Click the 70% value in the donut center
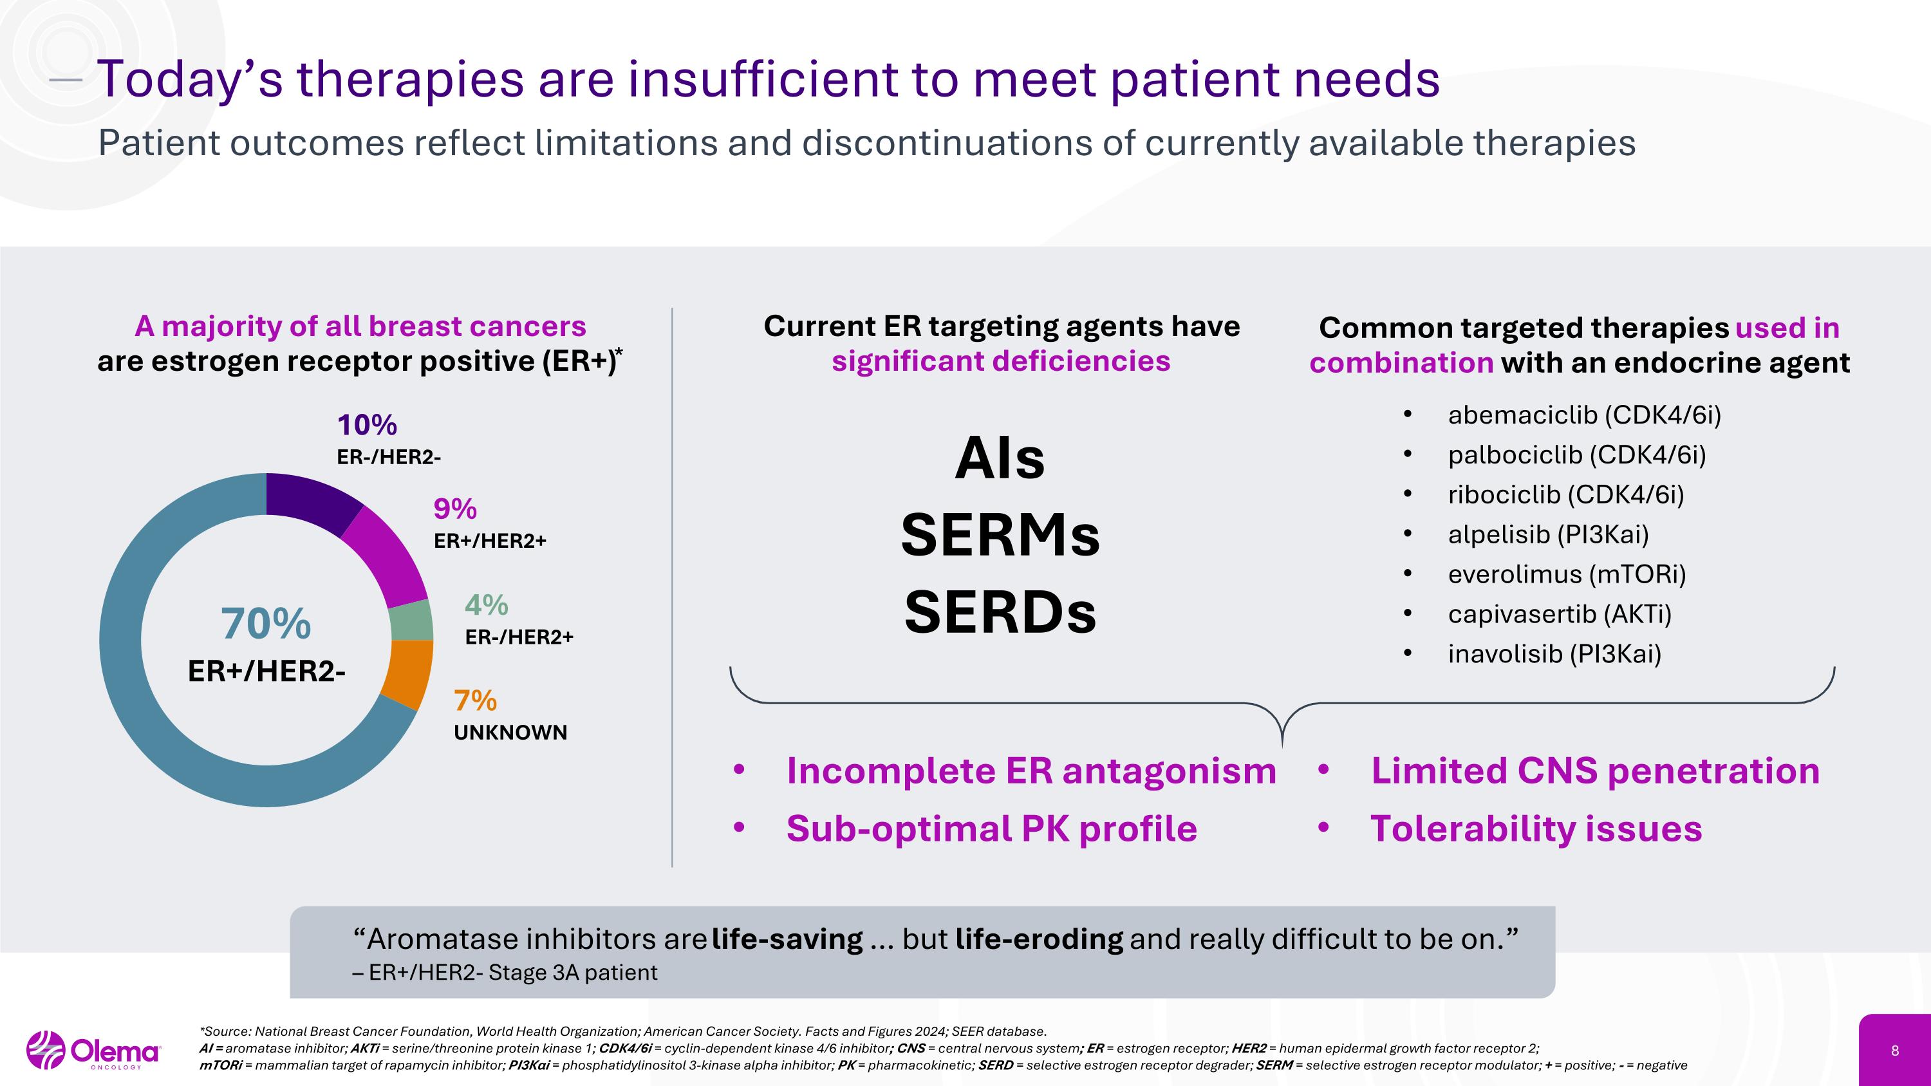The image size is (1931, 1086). (x=266, y=624)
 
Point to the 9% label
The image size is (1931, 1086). (x=455, y=510)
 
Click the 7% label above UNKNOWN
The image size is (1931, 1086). (x=475, y=701)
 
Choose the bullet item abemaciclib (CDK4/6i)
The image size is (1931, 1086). (x=1584, y=415)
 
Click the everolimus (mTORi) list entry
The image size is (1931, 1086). (x=1567, y=574)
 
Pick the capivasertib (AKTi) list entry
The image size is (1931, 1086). (x=1559, y=614)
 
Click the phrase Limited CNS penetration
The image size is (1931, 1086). (x=1595, y=771)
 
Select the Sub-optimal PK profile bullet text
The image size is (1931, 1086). (x=991, y=829)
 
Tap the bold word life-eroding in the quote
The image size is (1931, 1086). (x=1039, y=939)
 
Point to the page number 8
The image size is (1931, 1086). (x=1895, y=1051)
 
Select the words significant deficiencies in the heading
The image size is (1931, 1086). (x=1001, y=361)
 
